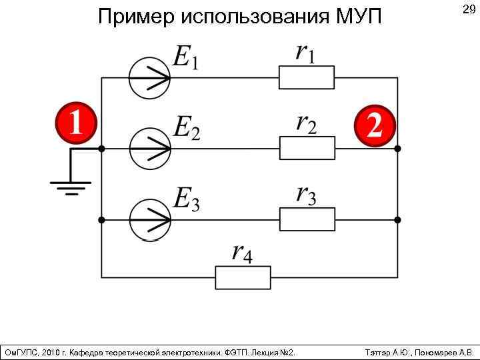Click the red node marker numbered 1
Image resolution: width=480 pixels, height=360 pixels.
[x=75, y=123]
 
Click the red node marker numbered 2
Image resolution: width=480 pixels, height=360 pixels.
[x=375, y=125]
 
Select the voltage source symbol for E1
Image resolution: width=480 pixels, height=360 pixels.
[x=149, y=78]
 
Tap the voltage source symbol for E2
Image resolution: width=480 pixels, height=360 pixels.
[x=149, y=148]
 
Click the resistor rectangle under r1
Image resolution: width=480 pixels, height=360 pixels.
[x=307, y=78]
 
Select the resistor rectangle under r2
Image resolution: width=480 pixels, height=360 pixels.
[x=307, y=148]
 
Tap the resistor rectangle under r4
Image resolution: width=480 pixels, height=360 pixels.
[x=243, y=277]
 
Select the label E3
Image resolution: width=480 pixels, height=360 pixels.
[x=187, y=198]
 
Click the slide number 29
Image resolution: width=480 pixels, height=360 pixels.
[x=468, y=11]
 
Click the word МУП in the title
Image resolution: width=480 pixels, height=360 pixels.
[x=360, y=16]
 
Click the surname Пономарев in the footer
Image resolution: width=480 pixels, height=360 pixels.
[x=435, y=351]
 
